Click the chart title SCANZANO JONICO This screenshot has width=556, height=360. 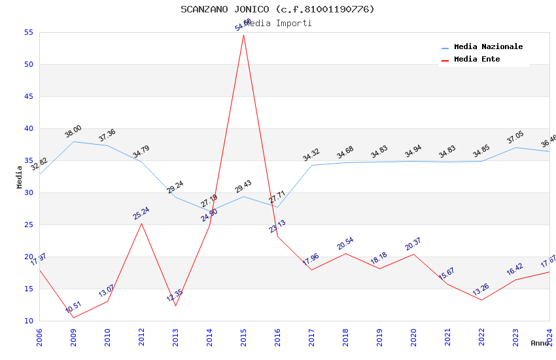277,9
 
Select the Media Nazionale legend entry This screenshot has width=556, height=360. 488,47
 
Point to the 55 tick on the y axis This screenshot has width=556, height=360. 28,33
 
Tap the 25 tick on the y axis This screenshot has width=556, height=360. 28,225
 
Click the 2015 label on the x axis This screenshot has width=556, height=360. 243,336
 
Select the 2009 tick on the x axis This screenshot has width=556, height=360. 73,336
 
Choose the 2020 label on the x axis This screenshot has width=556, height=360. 413,336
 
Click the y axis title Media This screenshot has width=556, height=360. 20,177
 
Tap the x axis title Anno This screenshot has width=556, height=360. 540,343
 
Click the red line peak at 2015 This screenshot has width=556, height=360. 243,35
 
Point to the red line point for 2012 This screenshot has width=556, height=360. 141,223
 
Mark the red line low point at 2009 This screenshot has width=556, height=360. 73,317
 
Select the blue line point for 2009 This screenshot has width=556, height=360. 73,141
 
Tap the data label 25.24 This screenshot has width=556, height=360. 141,213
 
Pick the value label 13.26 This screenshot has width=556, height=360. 481,289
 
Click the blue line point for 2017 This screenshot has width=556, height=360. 311,165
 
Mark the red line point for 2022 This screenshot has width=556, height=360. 481,300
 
